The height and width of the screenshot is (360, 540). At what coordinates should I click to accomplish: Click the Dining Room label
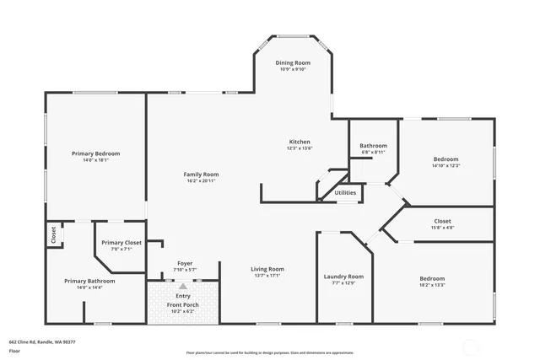[293, 63]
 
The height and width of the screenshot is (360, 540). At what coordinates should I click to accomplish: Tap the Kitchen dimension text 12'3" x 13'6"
[300, 148]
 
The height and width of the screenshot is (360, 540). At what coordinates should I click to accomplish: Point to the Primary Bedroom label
[95, 153]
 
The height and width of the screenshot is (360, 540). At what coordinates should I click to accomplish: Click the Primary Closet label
[121, 243]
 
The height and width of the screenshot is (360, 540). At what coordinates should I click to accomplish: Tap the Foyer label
[184, 263]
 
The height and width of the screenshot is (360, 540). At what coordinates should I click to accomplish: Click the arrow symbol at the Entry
[183, 286]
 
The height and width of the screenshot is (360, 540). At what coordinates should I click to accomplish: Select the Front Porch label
[183, 304]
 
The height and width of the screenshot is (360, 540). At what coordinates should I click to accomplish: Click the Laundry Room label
[343, 276]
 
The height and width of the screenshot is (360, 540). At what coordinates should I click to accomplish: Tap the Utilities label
[345, 192]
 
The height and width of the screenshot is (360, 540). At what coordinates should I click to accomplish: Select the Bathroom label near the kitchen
[373, 146]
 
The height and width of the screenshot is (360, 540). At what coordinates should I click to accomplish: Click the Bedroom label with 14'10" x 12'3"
[445, 159]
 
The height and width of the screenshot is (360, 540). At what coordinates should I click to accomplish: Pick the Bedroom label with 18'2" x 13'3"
[432, 278]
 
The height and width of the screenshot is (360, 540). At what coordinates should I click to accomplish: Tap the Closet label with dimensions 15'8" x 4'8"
[442, 221]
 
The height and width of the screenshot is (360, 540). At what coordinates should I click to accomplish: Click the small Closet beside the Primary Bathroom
[53, 235]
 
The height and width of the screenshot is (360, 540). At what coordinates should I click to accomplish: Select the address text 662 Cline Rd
[42, 341]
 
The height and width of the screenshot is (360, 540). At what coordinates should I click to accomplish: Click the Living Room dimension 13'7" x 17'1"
[267, 276]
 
